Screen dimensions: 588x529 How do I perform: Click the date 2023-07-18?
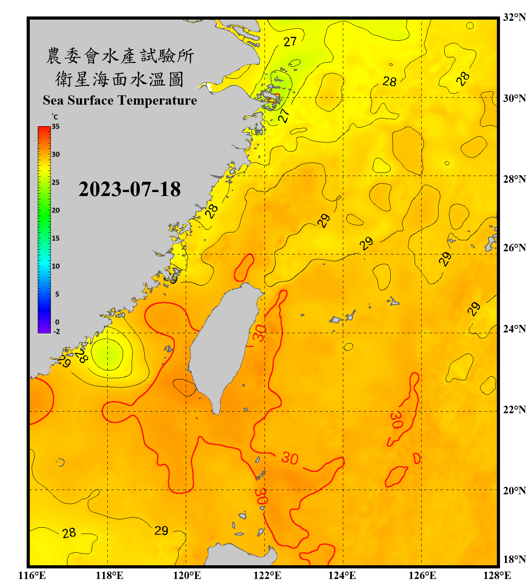(x=129, y=189)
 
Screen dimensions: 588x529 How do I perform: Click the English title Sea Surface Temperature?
(x=120, y=100)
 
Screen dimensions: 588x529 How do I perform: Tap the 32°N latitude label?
(x=514, y=17)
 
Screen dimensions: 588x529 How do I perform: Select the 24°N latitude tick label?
(x=514, y=328)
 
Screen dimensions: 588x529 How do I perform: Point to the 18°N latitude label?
(x=514, y=559)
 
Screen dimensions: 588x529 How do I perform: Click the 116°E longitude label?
(x=32, y=575)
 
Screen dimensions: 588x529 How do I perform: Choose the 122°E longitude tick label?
(x=267, y=575)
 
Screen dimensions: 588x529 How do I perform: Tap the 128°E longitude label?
(x=497, y=575)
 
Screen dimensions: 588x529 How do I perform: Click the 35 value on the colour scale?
(x=56, y=127)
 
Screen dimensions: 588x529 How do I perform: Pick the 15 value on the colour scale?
(x=56, y=238)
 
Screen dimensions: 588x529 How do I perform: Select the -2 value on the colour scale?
(x=56, y=331)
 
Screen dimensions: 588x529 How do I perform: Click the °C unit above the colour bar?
(x=54, y=117)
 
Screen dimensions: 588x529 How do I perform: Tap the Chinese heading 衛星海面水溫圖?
(x=120, y=79)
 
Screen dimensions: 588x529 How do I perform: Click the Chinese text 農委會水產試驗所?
(x=120, y=56)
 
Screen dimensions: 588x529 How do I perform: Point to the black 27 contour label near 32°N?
(x=290, y=42)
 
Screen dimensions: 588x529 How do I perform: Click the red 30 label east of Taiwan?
(x=259, y=333)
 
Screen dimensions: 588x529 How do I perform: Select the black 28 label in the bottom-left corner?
(x=69, y=533)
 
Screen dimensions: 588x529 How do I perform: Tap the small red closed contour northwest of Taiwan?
(x=244, y=267)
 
